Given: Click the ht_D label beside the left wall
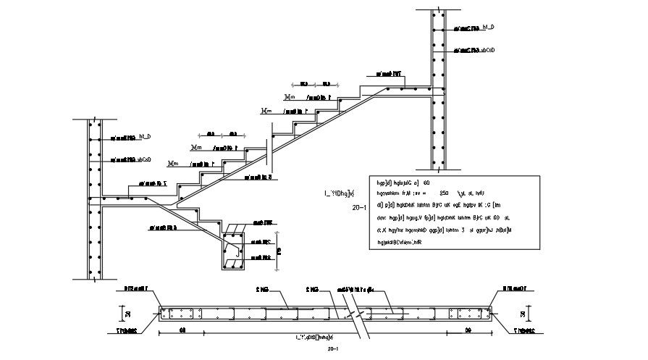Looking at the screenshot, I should click(x=145, y=135).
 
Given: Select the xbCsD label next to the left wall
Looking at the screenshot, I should click(x=143, y=159).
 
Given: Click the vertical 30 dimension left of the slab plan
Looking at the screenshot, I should click(x=126, y=314).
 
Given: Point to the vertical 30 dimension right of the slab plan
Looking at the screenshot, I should click(x=523, y=314).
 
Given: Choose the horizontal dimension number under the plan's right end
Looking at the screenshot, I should click(x=468, y=331).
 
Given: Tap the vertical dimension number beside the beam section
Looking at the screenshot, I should click(x=279, y=251).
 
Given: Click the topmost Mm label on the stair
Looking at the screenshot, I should click(x=290, y=96).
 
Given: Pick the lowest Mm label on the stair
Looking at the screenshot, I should click(x=173, y=164).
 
